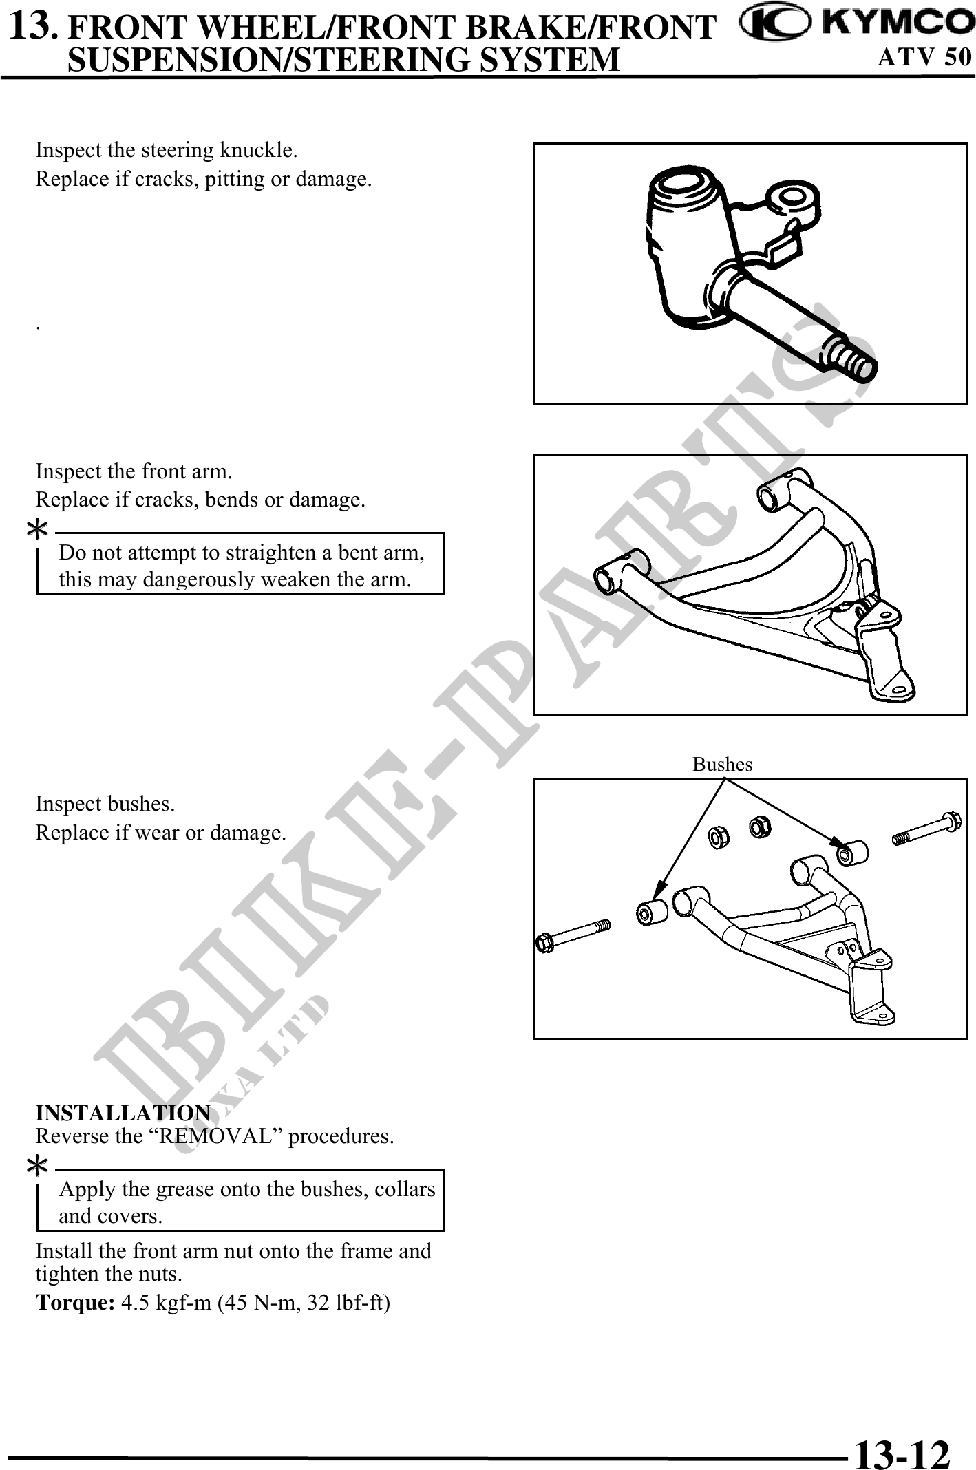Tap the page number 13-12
[x=902, y=1437]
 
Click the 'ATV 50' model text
[x=924, y=57]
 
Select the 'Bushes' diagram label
[x=722, y=765]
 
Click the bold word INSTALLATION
[x=123, y=1113]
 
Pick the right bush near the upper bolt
[x=851, y=853]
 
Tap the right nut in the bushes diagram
[x=758, y=825]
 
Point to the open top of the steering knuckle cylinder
[x=690, y=186]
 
